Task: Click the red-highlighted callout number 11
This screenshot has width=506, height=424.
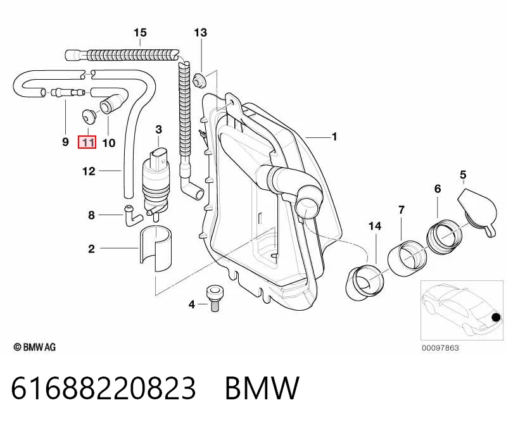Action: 87,142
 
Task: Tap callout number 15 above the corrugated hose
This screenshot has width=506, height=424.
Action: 140,32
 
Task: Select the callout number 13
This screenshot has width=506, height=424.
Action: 200,32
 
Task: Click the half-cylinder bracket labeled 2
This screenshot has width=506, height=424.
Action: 156,248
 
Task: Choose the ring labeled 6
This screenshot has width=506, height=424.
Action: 445,236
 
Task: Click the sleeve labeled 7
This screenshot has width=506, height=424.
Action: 407,258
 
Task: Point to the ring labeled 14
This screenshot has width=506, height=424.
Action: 365,282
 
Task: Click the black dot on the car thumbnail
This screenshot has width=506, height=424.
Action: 497,318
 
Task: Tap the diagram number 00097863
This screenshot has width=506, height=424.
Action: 440,348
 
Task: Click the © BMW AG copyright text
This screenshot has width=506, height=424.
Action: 35,347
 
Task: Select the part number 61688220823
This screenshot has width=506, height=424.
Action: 103,388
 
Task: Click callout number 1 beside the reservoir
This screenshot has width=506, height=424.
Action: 334,137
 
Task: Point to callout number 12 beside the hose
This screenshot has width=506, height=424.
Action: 89,171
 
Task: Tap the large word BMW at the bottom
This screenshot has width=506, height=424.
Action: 262,388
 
